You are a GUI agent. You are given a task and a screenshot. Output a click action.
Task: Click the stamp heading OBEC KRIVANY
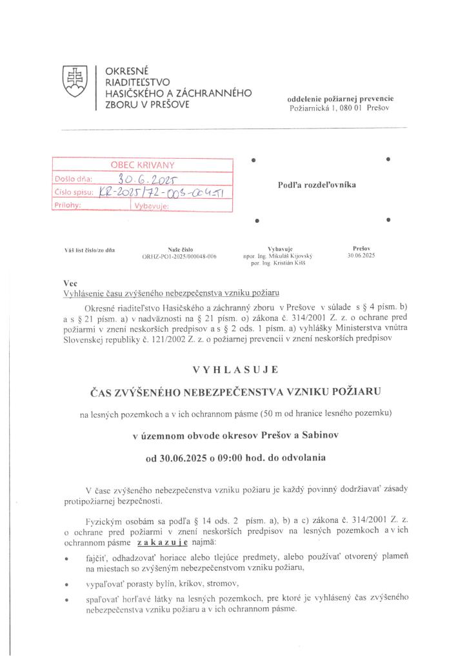tap(143, 165)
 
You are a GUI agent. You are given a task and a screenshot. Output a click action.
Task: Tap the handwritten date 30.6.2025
tap(150, 179)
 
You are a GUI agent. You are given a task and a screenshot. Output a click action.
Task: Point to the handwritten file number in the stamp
tap(170, 192)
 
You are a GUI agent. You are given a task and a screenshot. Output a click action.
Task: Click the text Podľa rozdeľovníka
tap(317, 185)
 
